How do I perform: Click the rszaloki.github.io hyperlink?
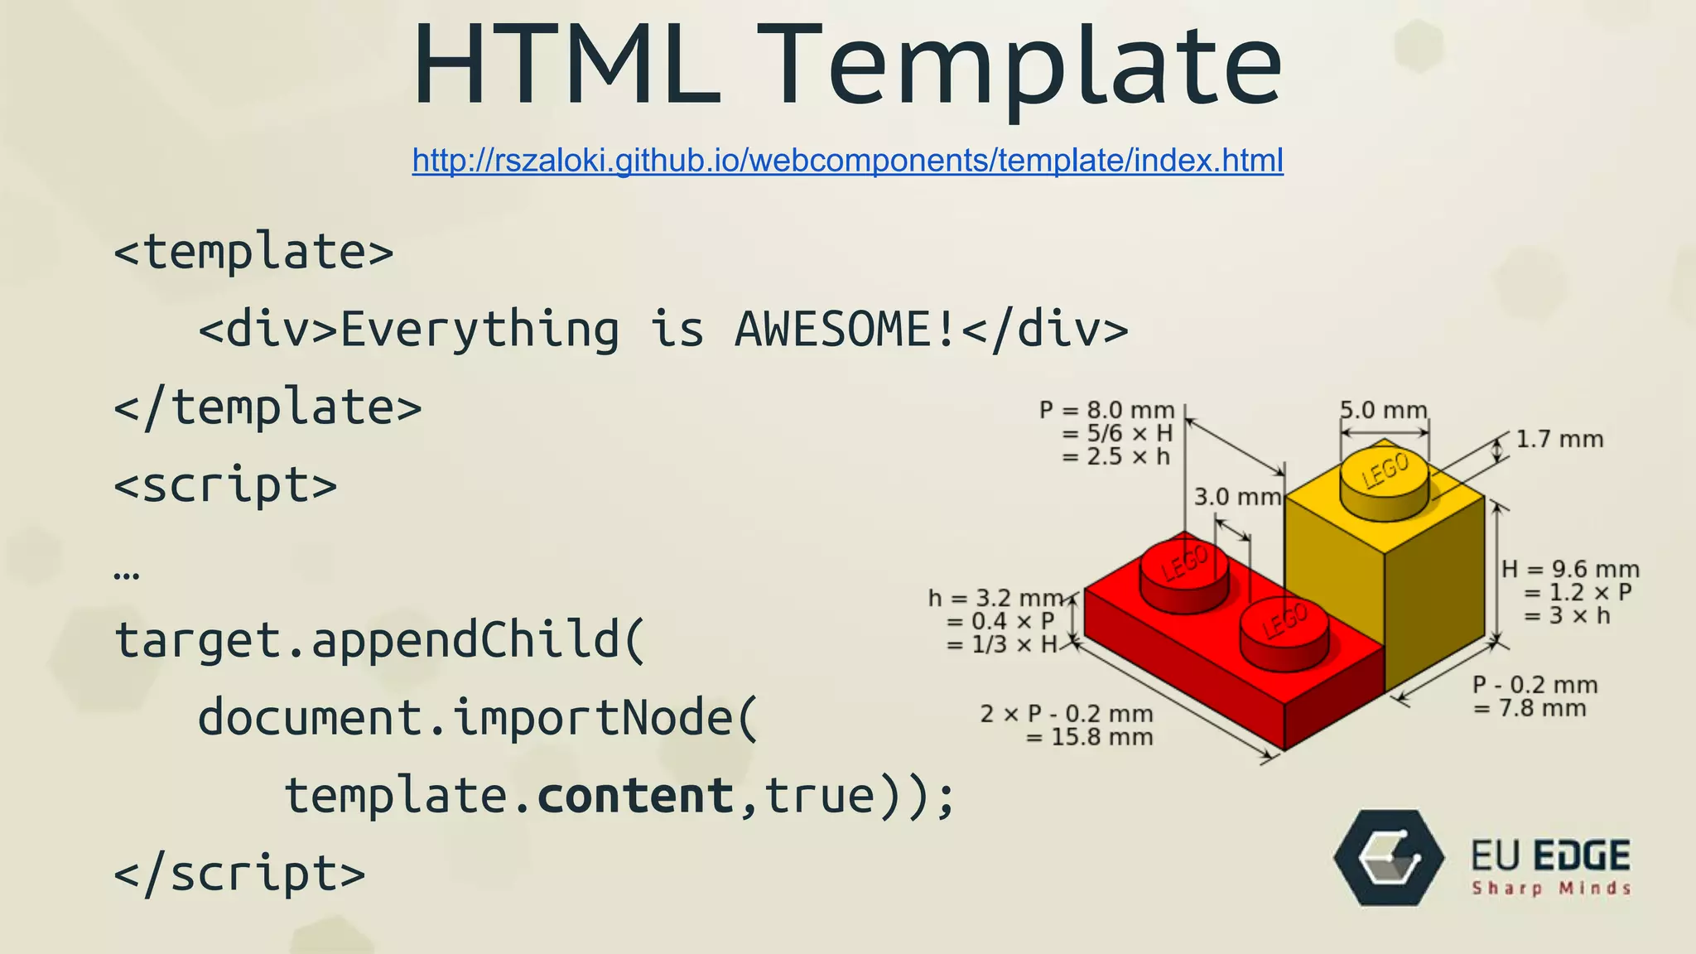coord(847,160)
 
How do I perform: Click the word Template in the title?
coord(1027,66)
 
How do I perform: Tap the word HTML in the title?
coord(567,66)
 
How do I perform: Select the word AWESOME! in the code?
coord(846,329)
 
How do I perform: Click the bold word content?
coord(635,796)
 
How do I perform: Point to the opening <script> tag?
coord(225,485)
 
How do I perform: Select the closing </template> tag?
coord(267,407)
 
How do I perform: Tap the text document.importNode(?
coord(478,717)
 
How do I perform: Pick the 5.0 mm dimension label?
coord(1383,410)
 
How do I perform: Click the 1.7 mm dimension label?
coord(1559,439)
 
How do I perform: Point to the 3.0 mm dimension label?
coord(1237,497)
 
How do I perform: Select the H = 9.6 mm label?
coord(1570,570)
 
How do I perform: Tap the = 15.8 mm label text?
coord(1089,737)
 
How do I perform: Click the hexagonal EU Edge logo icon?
coord(1389,858)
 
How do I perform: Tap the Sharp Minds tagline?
coord(1550,889)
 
